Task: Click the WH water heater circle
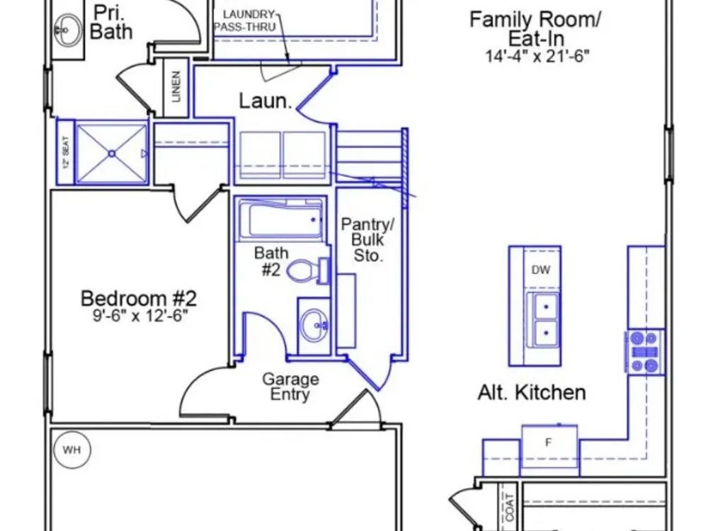(72, 450)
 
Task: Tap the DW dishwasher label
(540, 270)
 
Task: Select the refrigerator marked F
(549, 450)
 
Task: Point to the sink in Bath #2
(315, 325)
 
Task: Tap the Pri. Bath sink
(67, 30)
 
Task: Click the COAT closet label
(510, 507)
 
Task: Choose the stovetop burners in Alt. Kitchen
(645, 352)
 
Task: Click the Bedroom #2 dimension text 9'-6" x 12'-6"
(140, 316)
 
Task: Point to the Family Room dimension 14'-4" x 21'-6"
(537, 56)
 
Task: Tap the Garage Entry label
(290, 387)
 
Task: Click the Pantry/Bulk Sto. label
(367, 240)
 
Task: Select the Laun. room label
(265, 101)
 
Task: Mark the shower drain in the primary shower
(112, 154)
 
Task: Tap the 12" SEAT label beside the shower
(66, 152)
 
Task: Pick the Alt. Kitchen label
(532, 392)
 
